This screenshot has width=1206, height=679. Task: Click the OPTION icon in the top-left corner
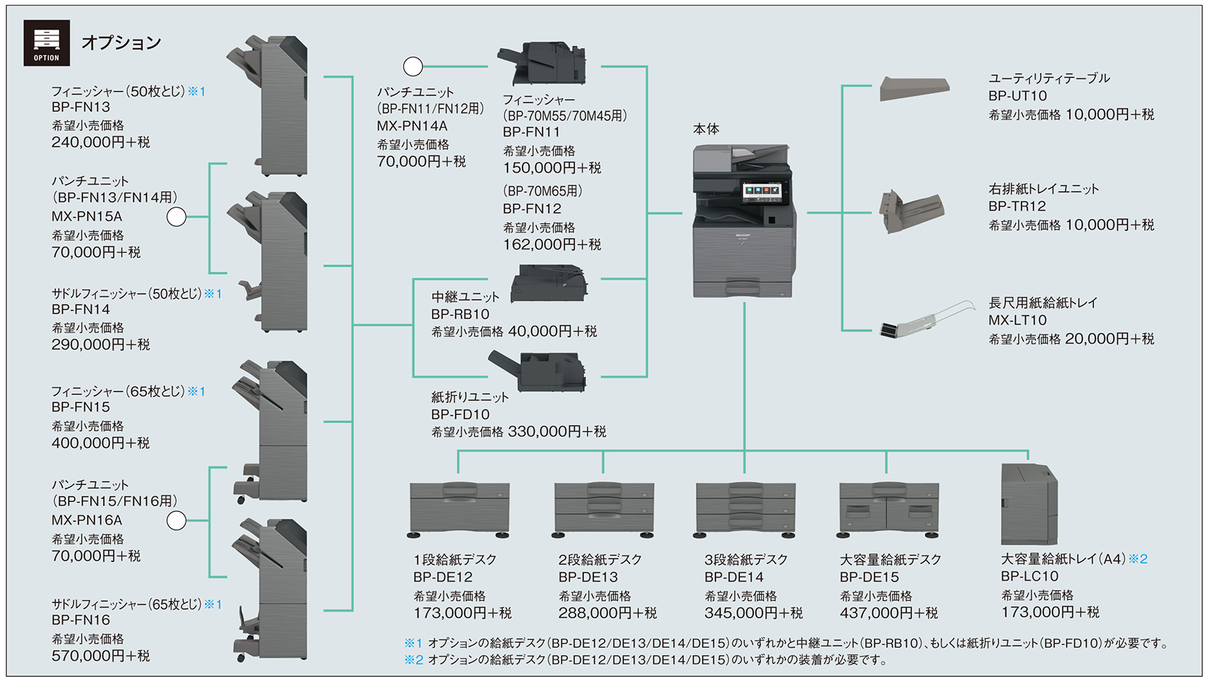[47, 43]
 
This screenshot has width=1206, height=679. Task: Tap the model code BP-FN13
[81, 107]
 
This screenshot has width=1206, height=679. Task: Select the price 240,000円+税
[100, 142]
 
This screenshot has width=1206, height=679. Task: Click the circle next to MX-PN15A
[177, 216]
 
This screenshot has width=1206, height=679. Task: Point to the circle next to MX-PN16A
[177, 520]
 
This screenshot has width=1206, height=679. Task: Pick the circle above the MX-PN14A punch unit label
[413, 67]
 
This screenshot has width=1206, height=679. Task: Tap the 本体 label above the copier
[706, 129]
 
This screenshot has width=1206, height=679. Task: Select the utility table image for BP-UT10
[914, 89]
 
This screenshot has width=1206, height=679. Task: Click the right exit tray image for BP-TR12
[912, 211]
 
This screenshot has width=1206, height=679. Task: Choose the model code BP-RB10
[460, 314]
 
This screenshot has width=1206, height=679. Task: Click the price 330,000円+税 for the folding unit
[557, 432]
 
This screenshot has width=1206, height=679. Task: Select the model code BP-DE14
[733, 577]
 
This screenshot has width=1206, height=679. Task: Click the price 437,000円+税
[888, 613]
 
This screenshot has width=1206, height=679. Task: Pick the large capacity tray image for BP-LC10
[1029, 505]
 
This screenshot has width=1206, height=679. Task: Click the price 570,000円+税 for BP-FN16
[100, 656]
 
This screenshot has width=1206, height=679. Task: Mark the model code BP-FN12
[531, 208]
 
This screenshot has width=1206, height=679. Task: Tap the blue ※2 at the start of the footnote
[413, 659]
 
